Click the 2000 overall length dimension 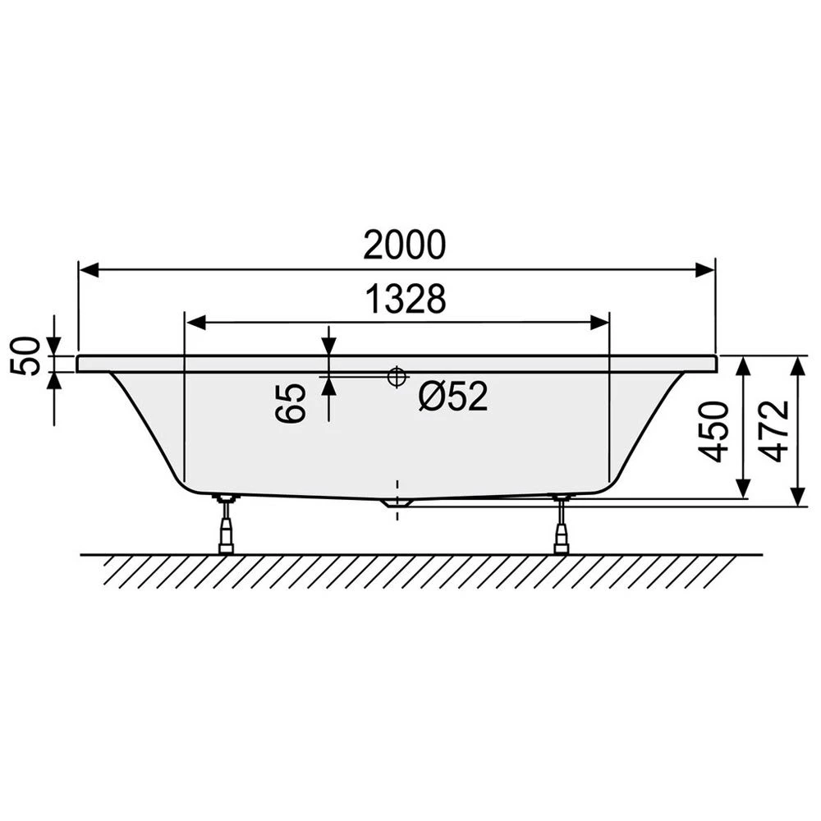point(404,245)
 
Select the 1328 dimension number point(406,299)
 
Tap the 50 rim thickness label point(25,356)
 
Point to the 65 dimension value point(290,402)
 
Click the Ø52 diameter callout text point(453,396)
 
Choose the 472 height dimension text point(774,431)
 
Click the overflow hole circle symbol point(397,376)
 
